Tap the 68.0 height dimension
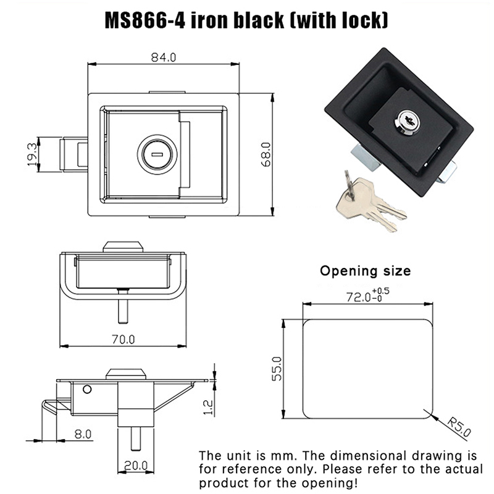(x=266, y=154)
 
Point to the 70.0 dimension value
(x=122, y=339)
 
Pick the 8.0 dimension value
(x=83, y=433)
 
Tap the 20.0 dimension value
(x=135, y=465)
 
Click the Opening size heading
(x=364, y=270)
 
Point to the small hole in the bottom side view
(x=87, y=389)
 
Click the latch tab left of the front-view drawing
(x=73, y=154)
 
